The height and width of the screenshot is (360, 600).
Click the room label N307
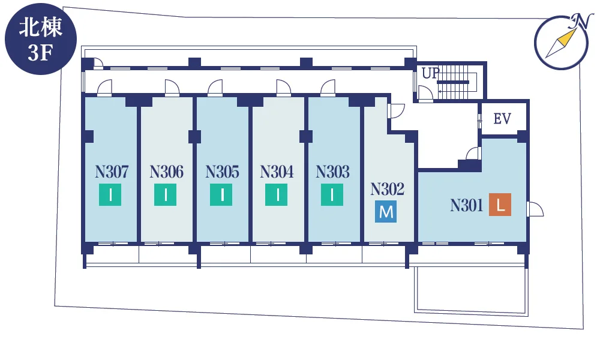[x=112, y=172]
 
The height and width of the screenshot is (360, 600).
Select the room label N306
[x=166, y=172]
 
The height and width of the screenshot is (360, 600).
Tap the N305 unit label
[x=223, y=172]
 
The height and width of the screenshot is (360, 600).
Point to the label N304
[x=277, y=172]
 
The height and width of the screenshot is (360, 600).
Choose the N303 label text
[x=332, y=172]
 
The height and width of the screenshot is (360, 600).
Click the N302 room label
[x=387, y=189]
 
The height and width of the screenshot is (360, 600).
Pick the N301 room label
[x=467, y=205]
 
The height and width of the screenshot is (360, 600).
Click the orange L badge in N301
[x=500, y=205]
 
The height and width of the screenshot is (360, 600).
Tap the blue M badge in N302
[x=386, y=212]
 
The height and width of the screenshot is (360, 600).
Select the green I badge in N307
[x=110, y=195]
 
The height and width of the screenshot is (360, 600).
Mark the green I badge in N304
[x=276, y=195]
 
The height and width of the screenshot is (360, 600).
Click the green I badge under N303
[x=332, y=195]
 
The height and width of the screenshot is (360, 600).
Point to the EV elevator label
[x=502, y=119]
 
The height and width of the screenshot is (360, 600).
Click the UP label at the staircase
[x=430, y=73]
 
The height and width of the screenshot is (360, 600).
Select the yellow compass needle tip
[x=575, y=29]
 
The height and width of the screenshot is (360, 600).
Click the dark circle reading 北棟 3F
[x=41, y=38]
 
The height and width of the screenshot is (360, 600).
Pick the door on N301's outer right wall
[x=535, y=209]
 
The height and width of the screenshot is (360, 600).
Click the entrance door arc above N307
[x=104, y=87]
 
